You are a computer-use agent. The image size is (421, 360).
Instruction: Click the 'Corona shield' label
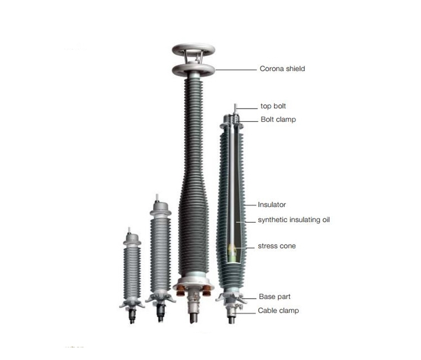tap(282, 69)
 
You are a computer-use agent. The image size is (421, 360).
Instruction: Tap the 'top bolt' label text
tap(273, 106)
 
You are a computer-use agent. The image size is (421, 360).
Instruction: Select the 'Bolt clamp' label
tap(278, 119)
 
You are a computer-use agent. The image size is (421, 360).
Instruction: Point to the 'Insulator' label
tap(272, 205)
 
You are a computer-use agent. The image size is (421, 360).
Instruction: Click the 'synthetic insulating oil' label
tap(294, 220)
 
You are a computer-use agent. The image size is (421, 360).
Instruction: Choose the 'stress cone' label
tap(277, 246)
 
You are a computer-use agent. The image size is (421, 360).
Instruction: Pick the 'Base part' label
tap(275, 296)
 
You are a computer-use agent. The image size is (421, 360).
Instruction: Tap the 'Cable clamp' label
tap(278, 311)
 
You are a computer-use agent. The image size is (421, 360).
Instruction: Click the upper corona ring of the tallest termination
tap(193, 50)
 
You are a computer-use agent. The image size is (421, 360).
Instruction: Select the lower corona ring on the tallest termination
tap(193, 70)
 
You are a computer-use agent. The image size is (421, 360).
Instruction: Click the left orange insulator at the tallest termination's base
tap(180, 290)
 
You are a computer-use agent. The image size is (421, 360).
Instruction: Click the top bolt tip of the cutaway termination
tap(235, 105)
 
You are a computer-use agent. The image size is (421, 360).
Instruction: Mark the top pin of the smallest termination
tap(130, 230)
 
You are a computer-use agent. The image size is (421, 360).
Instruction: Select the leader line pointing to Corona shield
tap(236, 70)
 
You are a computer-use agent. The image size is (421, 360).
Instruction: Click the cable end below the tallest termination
tap(194, 317)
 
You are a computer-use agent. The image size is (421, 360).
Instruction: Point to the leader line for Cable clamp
tap(244, 313)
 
